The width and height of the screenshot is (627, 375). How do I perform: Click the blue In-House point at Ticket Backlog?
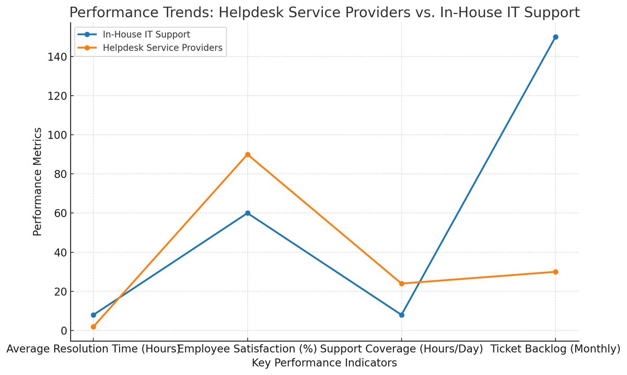pyautogui.click(x=555, y=37)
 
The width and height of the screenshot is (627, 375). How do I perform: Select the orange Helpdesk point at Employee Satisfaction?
pyautogui.click(x=248, y=154)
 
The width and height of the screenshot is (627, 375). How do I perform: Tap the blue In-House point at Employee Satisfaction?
pyautogui.click(x=248, y=213)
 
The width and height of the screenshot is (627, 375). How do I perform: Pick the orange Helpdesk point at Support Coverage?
pyautogui.click(x=402, y=283)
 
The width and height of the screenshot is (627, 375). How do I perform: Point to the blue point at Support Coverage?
pyautogui.click(x=402, y=315)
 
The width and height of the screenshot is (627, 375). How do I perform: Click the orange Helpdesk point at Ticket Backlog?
pyautogui.click(x=555, y=272)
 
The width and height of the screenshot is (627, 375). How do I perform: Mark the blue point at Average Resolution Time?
pyautogui.click(x=94, y=315)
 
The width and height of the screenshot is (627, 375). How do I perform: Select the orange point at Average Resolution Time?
pyautogui.click(x=94, y=327)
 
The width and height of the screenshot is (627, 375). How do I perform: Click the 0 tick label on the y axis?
pyautogui.click(x=63, y=331)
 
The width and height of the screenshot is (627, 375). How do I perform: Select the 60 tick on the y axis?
pyautogui.click(x=61, y=213)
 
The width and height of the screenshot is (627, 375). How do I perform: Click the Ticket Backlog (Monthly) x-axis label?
pyautogui.click(x=555, y=349)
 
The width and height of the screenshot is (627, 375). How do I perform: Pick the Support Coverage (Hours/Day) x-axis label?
pyautogui.click(x=402, y=349)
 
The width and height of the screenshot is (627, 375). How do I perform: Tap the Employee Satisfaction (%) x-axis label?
pyautogui.click(x=248, y=349)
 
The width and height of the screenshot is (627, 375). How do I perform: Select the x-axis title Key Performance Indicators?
pyautogui.click(x=324, y=362)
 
